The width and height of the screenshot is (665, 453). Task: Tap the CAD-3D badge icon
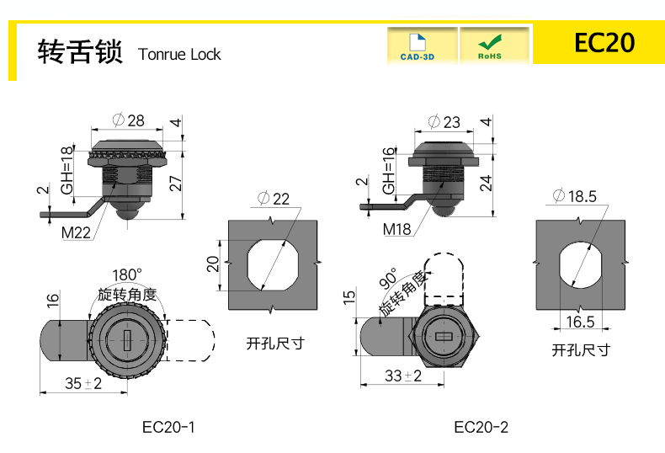422,45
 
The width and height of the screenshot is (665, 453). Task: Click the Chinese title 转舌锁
81,52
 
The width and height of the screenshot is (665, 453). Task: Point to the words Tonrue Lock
179,55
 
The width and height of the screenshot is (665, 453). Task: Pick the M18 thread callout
396,228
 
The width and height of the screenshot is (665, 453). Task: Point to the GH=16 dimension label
388,172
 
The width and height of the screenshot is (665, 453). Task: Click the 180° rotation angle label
127,275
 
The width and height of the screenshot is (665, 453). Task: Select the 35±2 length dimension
83,383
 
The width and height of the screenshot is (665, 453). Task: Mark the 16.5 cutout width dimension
580,322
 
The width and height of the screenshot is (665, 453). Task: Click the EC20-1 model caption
168,427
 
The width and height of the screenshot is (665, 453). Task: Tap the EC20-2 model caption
481,427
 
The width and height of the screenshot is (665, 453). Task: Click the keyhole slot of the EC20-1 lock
125,341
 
